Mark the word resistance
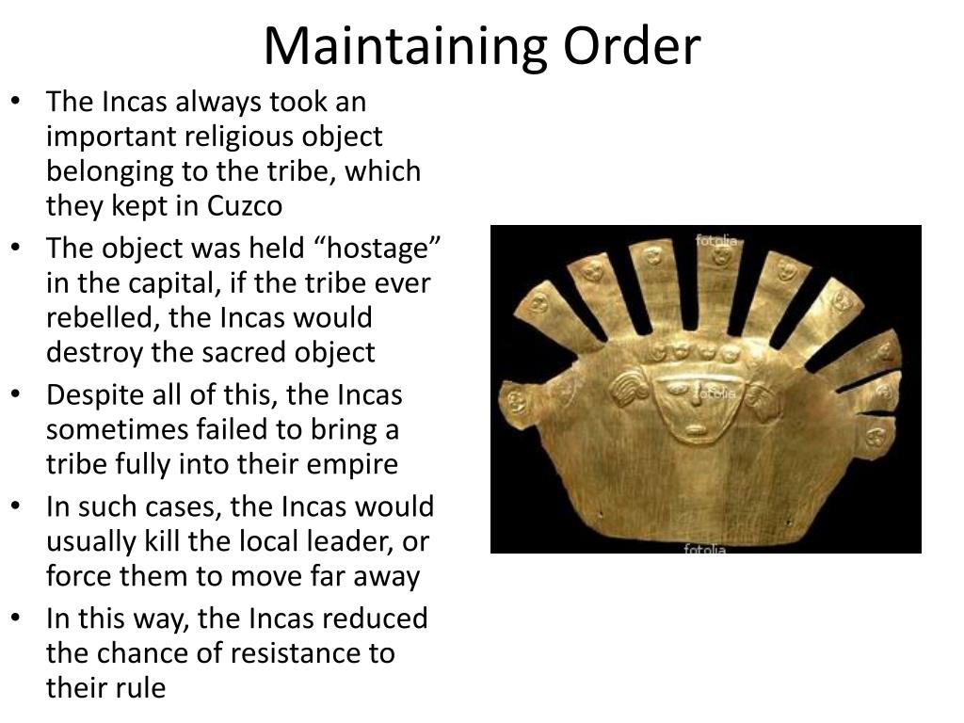click(288, 653)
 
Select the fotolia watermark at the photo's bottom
click(705, 548)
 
